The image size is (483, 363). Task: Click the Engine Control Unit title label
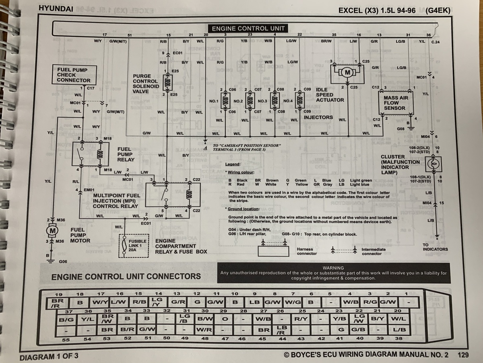click(248, 29)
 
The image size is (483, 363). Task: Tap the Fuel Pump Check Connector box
click(74, 75)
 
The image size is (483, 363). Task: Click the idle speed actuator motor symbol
click(347, 73)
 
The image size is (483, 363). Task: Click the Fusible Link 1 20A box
click(134, 246)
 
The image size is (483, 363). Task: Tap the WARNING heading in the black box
click(333, 268)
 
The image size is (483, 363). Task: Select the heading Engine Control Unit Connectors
click(126, 277)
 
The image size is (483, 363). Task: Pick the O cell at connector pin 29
click(225, 319)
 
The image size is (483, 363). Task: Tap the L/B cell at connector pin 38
click(400, 330)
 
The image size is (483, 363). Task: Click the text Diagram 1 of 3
click(49, 357)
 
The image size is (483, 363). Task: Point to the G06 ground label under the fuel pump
click(63, 261)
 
